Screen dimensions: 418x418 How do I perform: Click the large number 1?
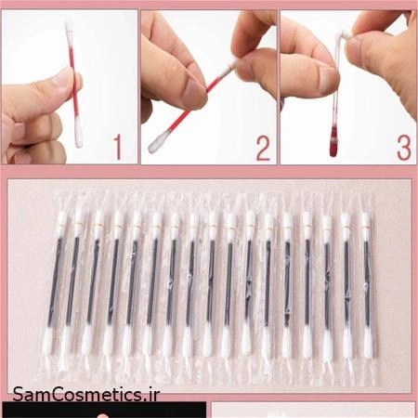tap(117, 148)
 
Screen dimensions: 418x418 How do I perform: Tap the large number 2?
tap(263, 149)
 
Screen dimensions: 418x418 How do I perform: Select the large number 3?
tap(404, 148)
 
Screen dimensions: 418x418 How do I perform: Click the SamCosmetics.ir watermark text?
tap(86, 394)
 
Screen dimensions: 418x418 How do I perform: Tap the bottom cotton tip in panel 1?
tap(79, 134)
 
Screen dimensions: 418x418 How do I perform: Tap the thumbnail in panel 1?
tap(63, 77)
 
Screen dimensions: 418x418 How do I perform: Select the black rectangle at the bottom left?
tap(104, 410)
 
